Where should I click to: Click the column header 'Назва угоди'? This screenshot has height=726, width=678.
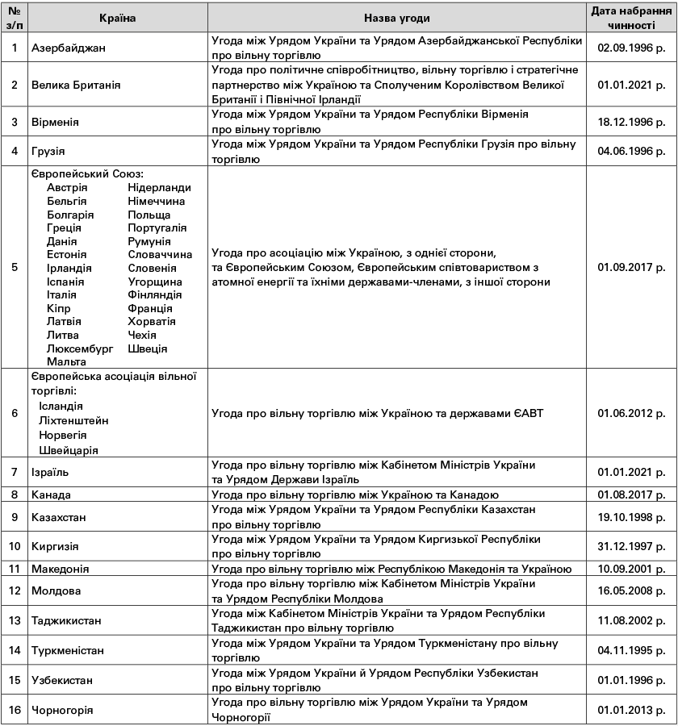click(x=396, y=18)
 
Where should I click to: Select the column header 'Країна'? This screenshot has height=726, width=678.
click(x=118, y=18)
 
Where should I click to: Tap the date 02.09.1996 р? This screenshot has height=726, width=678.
click(x=631, y=48)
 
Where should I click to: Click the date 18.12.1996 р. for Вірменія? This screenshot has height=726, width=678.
click(x=631, y=121)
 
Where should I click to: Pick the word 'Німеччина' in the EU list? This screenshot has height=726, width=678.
click(x=156, y=201)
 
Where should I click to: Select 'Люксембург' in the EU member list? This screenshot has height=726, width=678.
click(x=80, y=348)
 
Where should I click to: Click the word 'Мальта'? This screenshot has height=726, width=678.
click(x=66, y=362)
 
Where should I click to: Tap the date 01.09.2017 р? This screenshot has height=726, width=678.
click(x=631, y=267)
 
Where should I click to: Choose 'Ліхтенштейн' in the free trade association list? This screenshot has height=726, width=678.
click(x=73, y=420)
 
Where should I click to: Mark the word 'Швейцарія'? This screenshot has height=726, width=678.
click(x=69, y=449)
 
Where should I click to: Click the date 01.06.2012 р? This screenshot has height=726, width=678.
click(x=631, y=413)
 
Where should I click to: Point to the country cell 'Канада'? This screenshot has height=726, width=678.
click(x=52, y=494)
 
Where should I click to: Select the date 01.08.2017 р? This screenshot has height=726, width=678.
click(x=631, y=494)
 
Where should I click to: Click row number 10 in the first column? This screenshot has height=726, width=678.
click(x=15, y=546)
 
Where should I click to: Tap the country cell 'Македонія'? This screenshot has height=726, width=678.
click(x=61, y=569)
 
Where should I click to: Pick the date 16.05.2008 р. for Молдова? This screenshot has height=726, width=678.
click(x=631, y=590)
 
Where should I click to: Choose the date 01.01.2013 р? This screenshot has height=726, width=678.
click(x=631, y=710)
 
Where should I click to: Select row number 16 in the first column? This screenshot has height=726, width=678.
click(x=15, y=710)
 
